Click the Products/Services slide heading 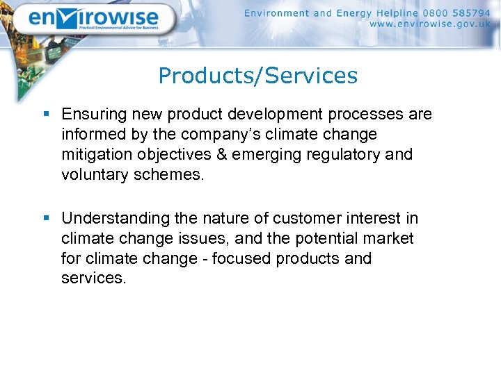257,76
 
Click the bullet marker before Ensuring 47,114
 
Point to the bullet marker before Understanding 47,218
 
